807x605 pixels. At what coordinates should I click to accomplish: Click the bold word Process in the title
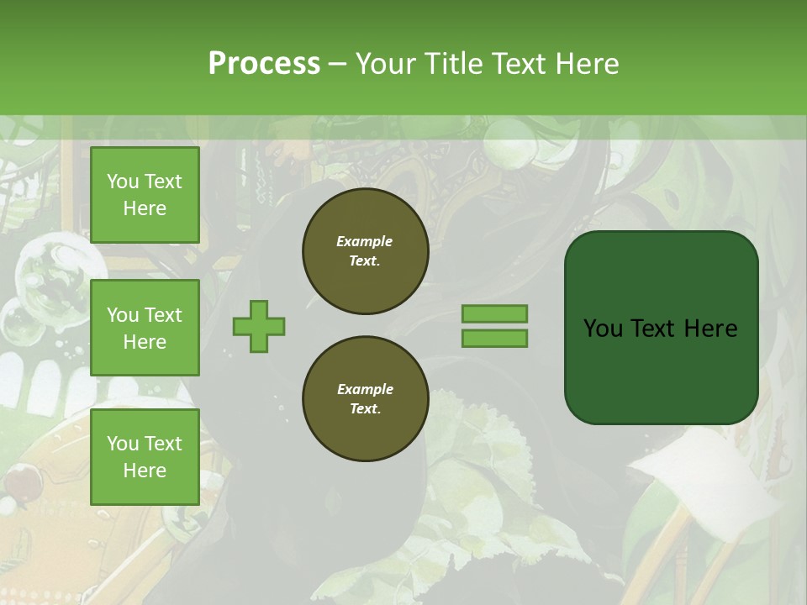coord(264,63)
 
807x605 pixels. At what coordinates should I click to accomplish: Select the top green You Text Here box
coord(145,195)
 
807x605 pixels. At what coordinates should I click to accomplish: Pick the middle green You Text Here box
coord(145,328)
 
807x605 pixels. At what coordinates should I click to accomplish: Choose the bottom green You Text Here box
coord(145,456)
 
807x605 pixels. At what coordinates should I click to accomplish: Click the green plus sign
coord(259,326)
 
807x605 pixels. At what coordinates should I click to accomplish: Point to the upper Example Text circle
coord(365,250)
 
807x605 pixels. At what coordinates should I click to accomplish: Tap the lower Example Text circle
coord(365,398)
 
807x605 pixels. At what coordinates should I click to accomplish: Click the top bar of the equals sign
coord(494,313)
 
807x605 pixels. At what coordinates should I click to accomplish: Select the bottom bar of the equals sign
coord(494,339)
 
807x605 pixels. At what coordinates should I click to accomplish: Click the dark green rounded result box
coord(661,327)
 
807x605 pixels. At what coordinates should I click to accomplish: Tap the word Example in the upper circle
coord(365,241)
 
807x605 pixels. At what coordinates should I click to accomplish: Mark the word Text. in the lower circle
coord(365,409)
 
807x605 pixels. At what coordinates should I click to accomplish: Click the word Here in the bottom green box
coord(145,471)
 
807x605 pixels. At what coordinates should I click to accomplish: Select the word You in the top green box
coord(123,181)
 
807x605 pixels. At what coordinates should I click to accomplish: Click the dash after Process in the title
coord(337,64)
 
